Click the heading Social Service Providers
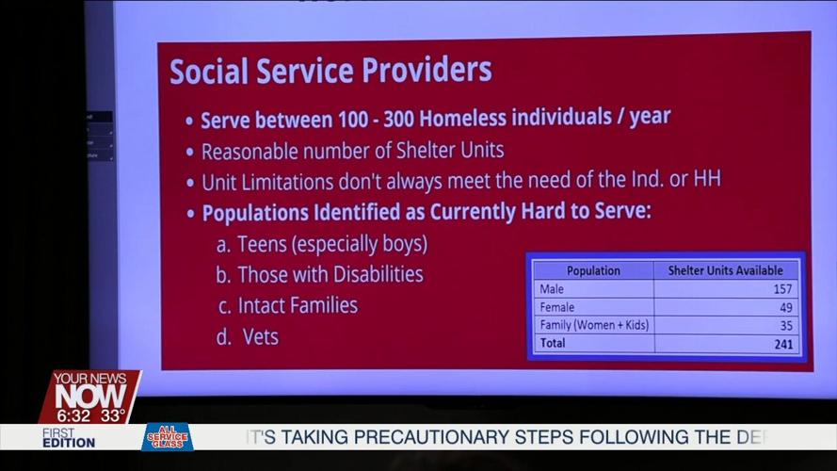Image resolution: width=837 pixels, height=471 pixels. pyautogui.click(x=330, y=71)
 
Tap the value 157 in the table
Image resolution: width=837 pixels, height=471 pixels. pyautogui.click(x=781, y=289)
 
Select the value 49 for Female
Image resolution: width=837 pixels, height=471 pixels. pyautogui.click(x=784, y=307)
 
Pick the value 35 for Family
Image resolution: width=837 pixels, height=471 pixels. pyautogui.click(x=784, y=325)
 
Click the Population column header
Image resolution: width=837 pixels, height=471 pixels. pyautogui.click(x=593, y=270)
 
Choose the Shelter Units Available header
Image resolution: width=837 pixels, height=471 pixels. pyautogui.click(x=725, y=270)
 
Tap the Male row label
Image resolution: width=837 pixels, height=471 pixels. pyautogui.click(x=552, y=289)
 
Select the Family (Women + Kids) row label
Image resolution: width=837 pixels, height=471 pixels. pyautogui.click(x=594, y=325)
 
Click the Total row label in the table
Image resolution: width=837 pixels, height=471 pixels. pyautogui.click(x=553, y=344)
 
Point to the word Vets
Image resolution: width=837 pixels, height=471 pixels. pyautogui.click(x=260, y=336)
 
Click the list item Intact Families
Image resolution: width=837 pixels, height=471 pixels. pyautogui.click(x=298, y=305)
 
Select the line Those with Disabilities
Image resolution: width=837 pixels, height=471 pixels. pyautogui.click(x=330, y=274)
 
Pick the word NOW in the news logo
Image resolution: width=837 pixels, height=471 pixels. pyautogui.click(x=89, y=395)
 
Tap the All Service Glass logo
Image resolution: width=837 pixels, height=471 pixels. pyautogui.click(x=167, y=437)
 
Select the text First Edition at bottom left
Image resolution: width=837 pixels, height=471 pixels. pyautogui.click(x=68, y=437)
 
